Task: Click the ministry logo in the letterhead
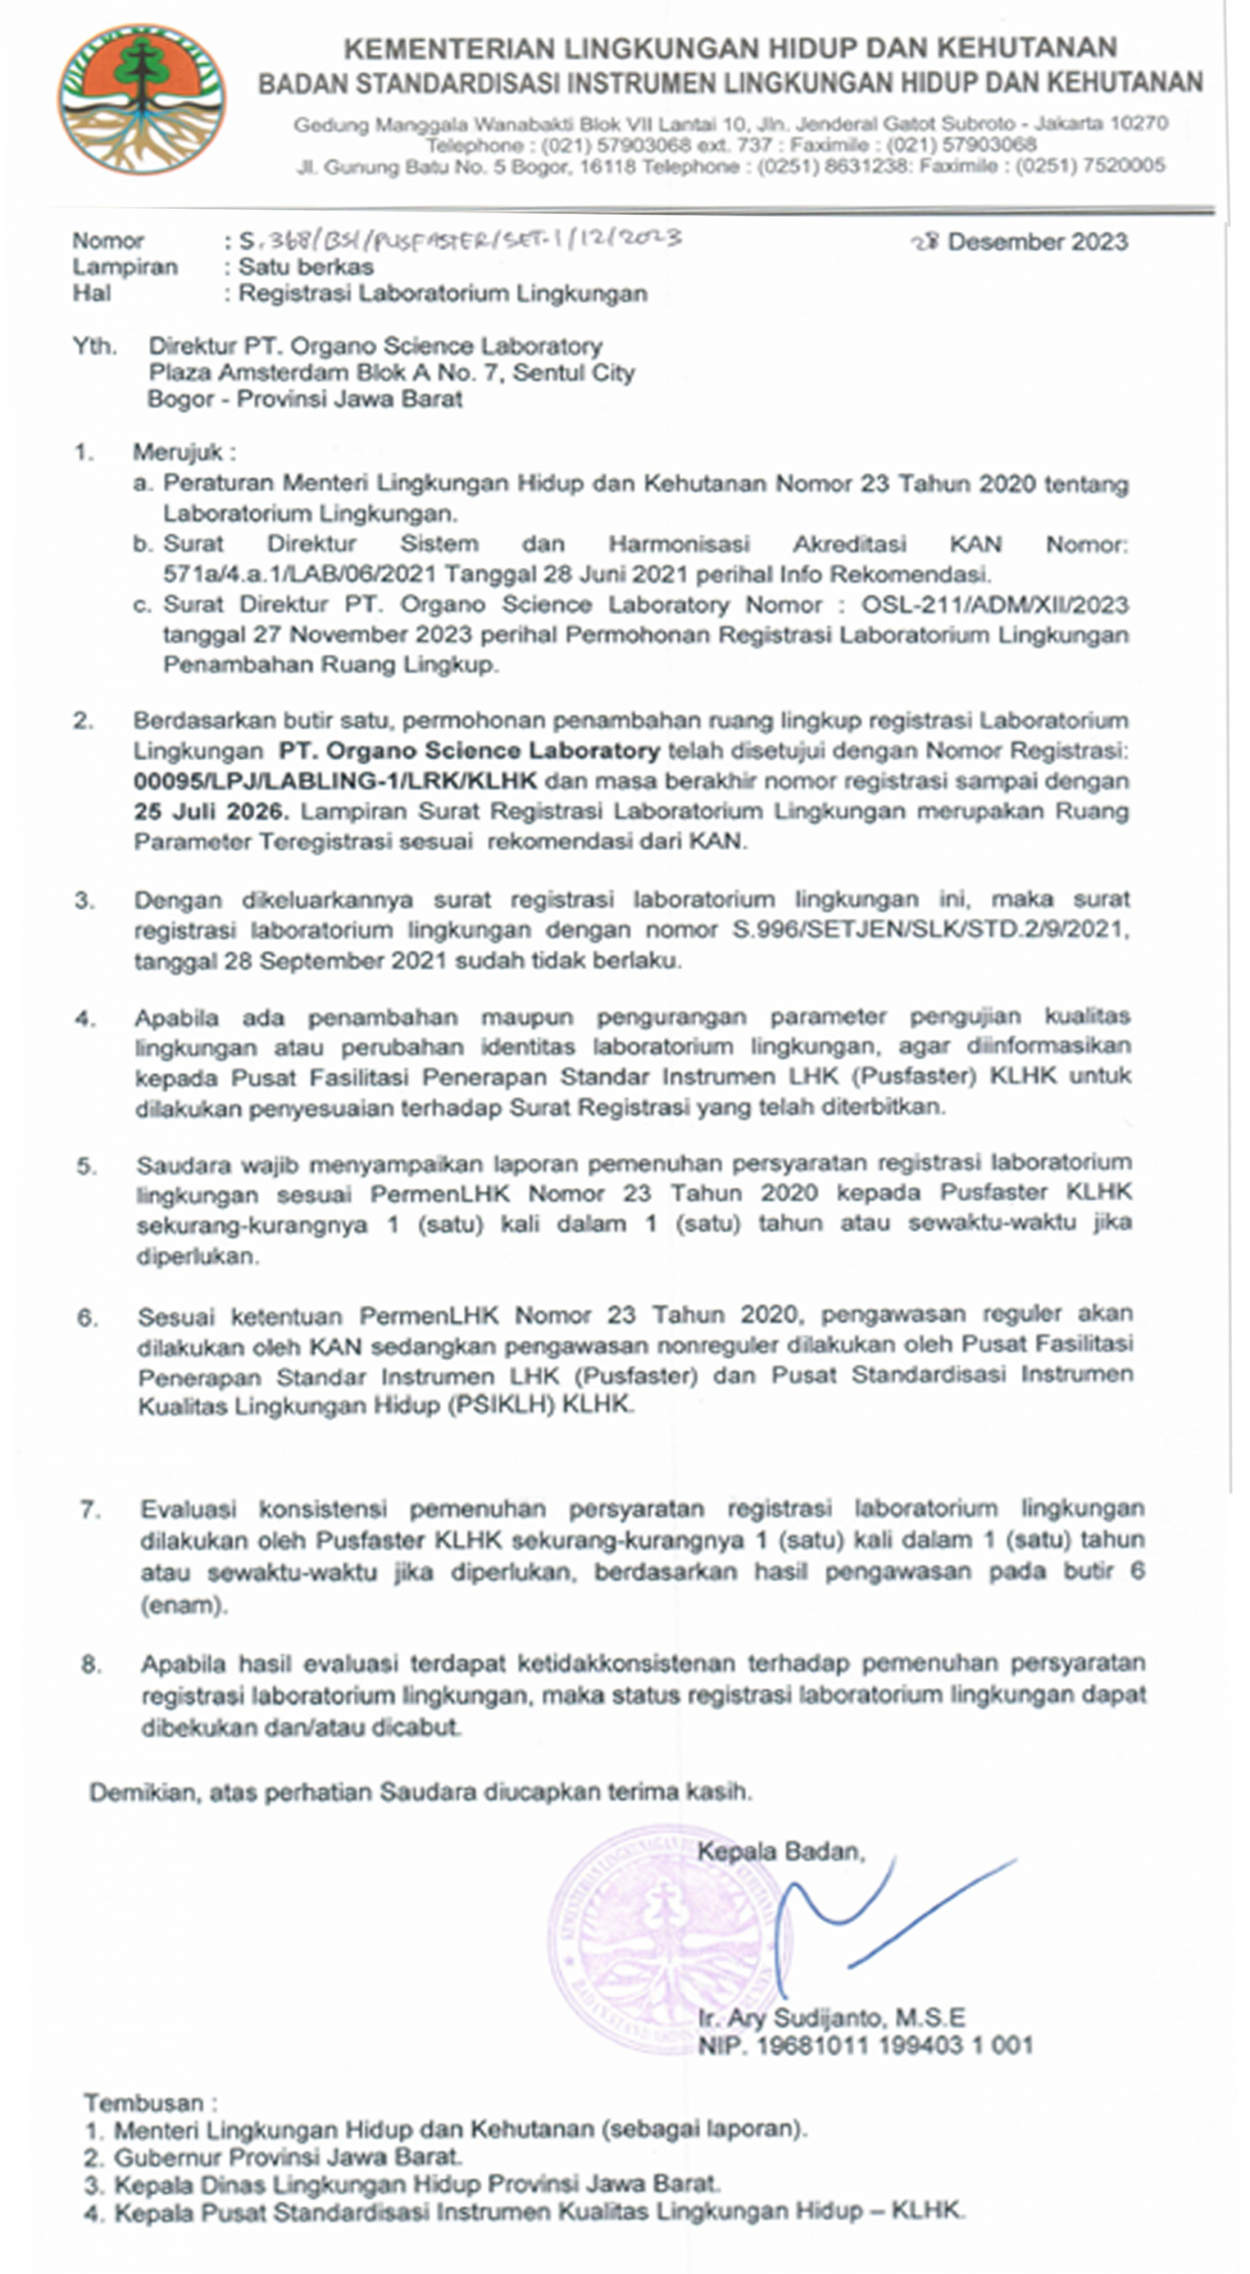(142, 99)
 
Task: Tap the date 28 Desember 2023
(1021, 242)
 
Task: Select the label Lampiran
(124, 266)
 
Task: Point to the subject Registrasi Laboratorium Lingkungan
(442, 293)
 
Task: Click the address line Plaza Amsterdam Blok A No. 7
(391, 372)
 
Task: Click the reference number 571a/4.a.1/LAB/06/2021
(301, 573)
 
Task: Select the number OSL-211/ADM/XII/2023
(995, 605)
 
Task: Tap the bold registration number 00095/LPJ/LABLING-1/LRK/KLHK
(335, 781)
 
